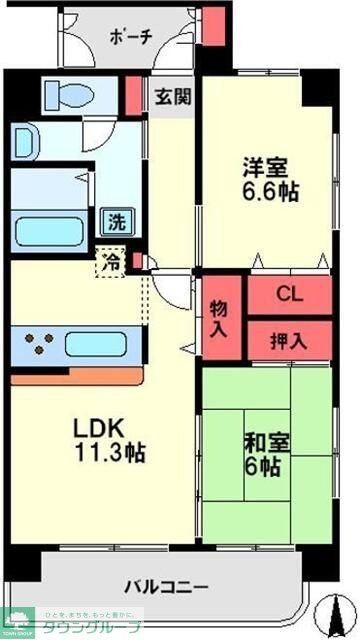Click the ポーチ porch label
[132, 38]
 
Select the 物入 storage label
[221, 317]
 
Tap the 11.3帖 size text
[110, 452]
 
